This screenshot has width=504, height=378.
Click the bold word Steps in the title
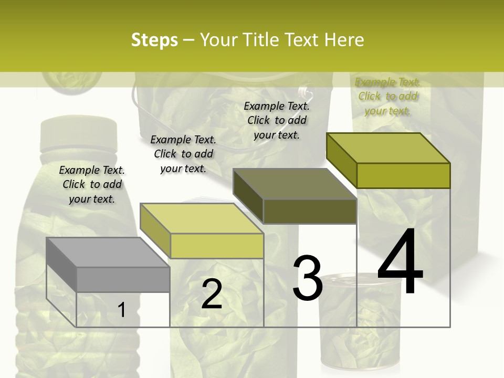coord(154,40)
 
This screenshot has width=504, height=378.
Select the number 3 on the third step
coord(308,278)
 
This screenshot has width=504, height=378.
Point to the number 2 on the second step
coord(212,295)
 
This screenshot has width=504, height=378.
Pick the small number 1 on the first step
coord(121,310)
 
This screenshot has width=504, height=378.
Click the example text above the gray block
coord(92,184)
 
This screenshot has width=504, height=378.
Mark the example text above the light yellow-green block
coord(183,154)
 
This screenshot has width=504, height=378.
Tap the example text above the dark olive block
coord(277,120)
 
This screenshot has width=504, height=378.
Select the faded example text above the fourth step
coord(387,96)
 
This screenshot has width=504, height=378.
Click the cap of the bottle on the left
coord(79,132)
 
